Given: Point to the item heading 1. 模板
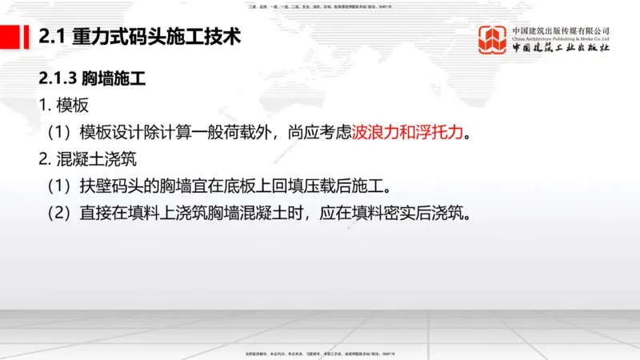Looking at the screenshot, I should tap(63, 106).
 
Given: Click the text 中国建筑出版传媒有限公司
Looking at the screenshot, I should tap(561, 30).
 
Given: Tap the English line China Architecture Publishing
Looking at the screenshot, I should tap(561, 40).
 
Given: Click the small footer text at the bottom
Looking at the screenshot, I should tap(320, 353).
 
